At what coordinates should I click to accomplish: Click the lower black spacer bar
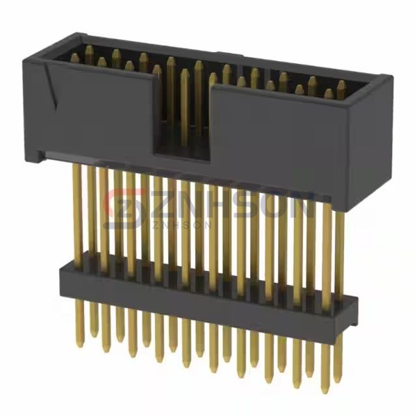pos(208,292)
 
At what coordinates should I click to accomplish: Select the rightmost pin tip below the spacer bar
pos(338,375)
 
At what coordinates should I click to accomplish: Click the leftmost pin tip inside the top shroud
pos(74,59)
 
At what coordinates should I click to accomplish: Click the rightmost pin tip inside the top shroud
pos(341,85)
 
